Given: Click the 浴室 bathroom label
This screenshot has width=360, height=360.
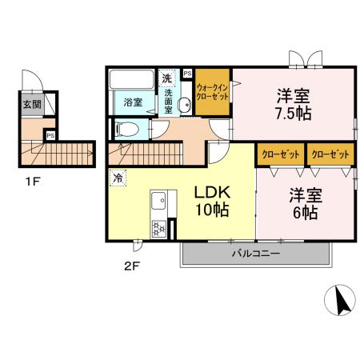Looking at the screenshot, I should click(x=133, y=102).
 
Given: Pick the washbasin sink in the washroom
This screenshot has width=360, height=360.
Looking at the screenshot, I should click(x=184, y=104).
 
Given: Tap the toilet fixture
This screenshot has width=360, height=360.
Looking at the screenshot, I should click(x=129, y=128).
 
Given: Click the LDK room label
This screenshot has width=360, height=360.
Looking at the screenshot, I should click(x=212, y=193).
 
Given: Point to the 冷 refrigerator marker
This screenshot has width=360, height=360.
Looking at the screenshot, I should click(x=118, y=178).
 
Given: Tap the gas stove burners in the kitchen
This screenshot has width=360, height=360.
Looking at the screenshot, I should click(x=159, y=228).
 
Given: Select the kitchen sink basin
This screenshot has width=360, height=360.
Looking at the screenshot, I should click(x=158, y=199).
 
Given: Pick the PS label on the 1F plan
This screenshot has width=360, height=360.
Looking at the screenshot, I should click(x=50, y=135).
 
